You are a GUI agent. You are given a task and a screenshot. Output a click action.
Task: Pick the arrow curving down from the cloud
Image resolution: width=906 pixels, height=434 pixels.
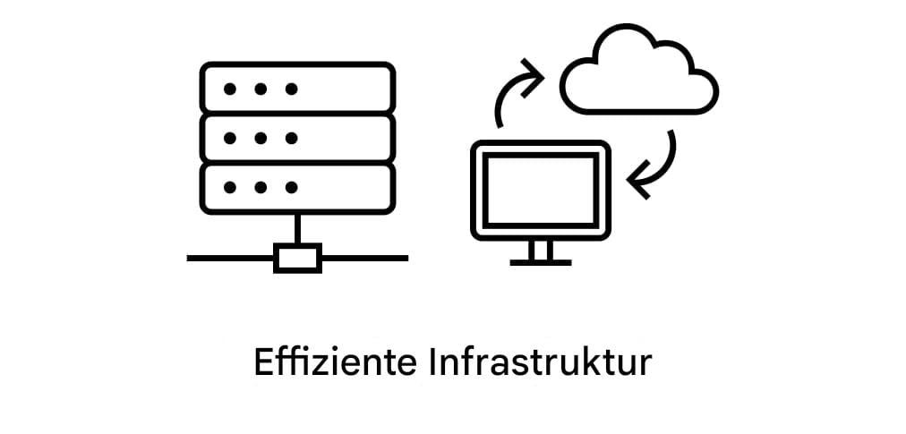pos(655,166)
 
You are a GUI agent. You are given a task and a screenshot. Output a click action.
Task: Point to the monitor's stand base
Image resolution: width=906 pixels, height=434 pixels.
pos(541,261)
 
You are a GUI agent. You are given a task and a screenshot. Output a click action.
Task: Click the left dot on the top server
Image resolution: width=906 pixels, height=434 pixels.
pos(230,89)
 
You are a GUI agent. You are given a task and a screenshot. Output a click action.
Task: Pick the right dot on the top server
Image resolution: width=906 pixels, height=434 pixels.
pos(291,89)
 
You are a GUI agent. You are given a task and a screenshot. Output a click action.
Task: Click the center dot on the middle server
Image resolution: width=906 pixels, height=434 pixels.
pos(261,138)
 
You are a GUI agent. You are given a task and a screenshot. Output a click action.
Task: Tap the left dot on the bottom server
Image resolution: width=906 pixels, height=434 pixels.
pos(230,188)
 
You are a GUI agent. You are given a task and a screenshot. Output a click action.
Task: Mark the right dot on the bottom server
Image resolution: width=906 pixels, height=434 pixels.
pos(291,188)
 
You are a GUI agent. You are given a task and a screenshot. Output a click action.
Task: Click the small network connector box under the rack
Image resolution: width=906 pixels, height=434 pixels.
pos(298,258)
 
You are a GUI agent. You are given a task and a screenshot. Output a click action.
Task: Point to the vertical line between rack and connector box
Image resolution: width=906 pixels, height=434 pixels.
pos(298,229)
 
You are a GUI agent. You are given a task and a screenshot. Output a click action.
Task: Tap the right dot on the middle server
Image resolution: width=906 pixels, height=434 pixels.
pos(291,138)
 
